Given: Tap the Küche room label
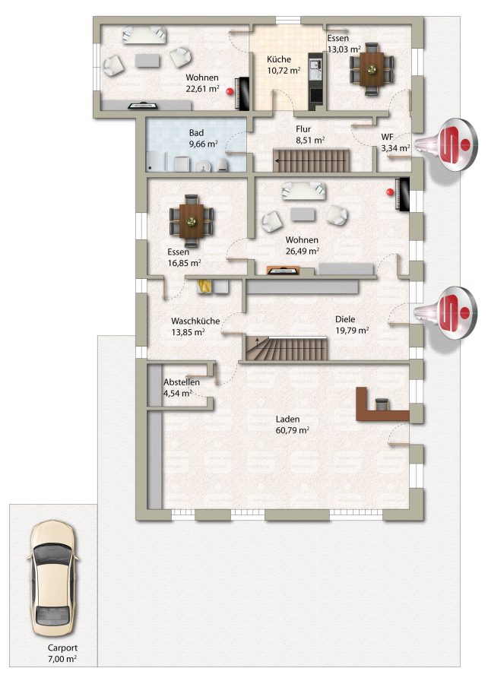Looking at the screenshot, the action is [x=279, y=59].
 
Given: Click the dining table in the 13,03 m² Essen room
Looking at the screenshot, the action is [x=372, y=69].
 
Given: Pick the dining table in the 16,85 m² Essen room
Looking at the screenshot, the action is [x=191, y=221].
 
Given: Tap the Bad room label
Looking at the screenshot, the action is [x=196, y=132].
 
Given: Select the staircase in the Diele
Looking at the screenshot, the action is [x=286, y=349].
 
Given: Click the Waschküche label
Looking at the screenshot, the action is [x=195, y=321].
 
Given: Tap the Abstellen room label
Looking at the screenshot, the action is [x=182, y=382].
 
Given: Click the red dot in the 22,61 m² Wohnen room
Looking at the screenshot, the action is [x=230, y=92].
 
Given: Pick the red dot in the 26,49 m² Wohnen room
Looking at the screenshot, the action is [x=389, y=191].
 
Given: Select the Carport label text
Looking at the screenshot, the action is [x=62, y=648].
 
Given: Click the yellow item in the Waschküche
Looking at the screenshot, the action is [x=204, y=287].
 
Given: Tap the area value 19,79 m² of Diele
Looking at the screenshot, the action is [x=352, y=331].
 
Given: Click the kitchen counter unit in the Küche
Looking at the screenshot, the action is [x=315, y=81].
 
